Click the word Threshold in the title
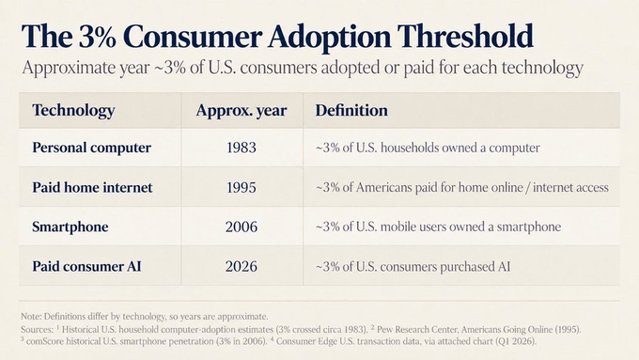(x=465, y=37)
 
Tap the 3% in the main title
(x=99, y=37)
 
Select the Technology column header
(x=73, y=111)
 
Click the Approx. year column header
(x=242, y=111)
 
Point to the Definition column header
(x=351, y=111)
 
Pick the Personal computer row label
(x=92, y=148)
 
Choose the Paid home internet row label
(x=92, y=188)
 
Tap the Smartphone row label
(x=70, y=227)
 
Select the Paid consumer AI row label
(x=86, y=266)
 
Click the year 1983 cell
(x=242, y=148)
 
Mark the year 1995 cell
(x=242, y=188)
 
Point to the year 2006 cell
(x=242, y=227)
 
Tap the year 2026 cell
(x=242, y=267)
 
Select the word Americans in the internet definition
(x=384, y=188)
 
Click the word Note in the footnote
(x=30, y=317)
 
